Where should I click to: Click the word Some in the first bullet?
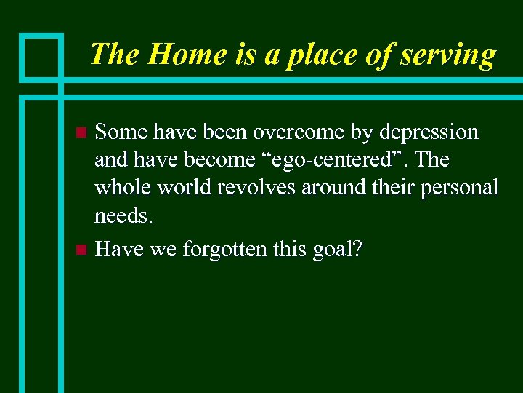tap(121, 132)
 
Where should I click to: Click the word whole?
tap(123, 187)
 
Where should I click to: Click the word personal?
tap(456, 188)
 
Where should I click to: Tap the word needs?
tap(123, 215)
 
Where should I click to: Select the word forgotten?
tap(226, 250)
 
